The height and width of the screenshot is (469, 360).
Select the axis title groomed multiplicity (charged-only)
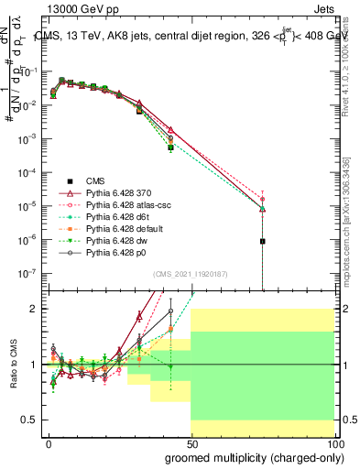pyautogui.click(x=249, y=456)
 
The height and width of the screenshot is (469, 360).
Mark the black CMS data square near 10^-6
pyautogui.click(x=263, y=241)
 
